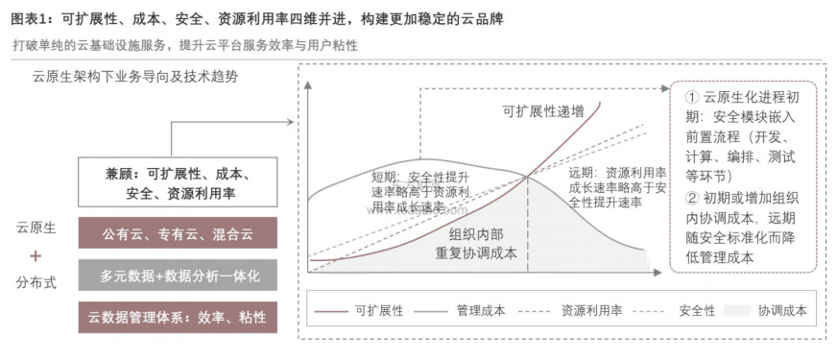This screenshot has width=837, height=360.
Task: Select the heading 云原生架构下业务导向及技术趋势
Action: coord(134,76)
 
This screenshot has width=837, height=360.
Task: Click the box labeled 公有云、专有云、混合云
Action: coord(178,233)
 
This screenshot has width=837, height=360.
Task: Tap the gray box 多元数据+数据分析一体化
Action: coord(178,276)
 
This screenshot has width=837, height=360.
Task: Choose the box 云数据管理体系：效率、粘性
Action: coord(178,317)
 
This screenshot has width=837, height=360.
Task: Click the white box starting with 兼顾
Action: coord(178,183)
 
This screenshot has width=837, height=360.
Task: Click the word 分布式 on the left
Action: coord(36,283)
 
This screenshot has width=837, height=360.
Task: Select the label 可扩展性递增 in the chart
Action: coord(542,111)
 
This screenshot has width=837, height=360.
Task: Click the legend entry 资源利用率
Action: coord(587,311)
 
